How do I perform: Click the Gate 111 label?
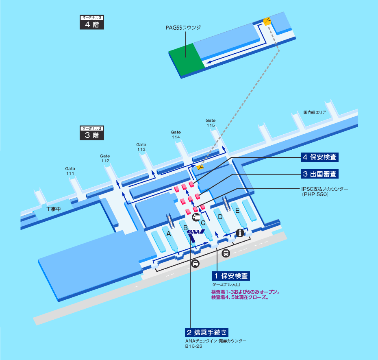coord(70,171)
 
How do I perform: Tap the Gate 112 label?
coord(105,158)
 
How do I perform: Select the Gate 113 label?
coord(141,147)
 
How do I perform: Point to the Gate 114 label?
coord(176,134)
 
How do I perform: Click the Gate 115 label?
coord(211,122)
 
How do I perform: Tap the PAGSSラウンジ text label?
coord(183,28)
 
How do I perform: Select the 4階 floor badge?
coord(92,22)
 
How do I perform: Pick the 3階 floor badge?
coord(92,133)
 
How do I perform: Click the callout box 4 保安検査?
coord(319,157)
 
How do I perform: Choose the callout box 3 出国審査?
coord(319,174)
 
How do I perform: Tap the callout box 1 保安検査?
coord(231,276)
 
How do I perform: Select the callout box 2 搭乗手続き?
coord(206,332)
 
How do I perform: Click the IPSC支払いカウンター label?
coord(325,192)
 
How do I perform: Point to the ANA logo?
coord(196,231)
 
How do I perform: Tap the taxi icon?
coord(195,263)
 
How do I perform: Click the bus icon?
coord(226,253)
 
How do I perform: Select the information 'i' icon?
coord(240,233)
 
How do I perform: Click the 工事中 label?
coord(53,209)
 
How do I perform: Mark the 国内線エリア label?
coord(315,112)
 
